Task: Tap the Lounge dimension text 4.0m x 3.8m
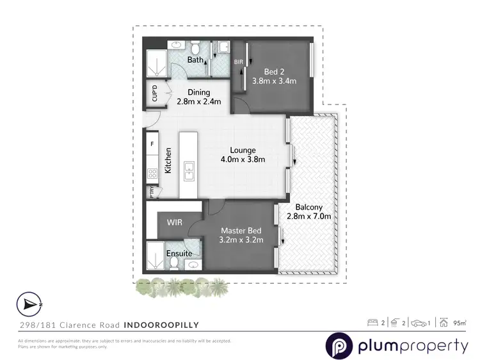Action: click(243, 160)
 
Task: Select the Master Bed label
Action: click(239, 231)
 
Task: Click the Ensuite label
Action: click(179, 254)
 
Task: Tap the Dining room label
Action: click(199, 92)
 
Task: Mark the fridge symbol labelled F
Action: click(152, 144)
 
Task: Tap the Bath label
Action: click(195, 60)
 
